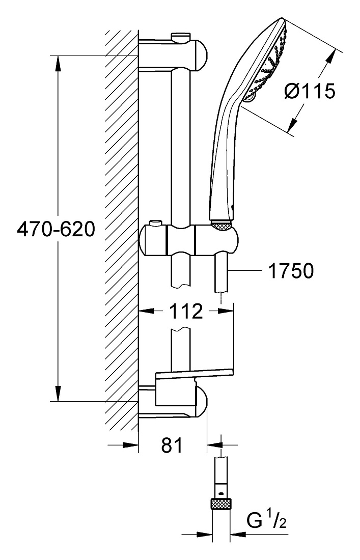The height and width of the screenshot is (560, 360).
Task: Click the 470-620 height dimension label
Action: tap(56, 229)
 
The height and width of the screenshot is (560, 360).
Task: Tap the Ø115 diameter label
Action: tap(310, 91)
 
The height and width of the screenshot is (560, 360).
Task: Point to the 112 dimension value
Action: tap(186, 311)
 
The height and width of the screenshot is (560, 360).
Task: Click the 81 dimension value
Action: tap(172, 445)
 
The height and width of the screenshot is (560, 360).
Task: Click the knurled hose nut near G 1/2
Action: tap(220, 505)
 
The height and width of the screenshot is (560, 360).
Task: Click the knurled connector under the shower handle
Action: tap(222, 225)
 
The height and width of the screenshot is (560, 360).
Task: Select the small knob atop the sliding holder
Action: tap(155, 223)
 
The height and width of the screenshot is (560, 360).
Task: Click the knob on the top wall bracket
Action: tap(181, 37)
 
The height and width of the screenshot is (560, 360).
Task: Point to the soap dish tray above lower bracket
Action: tap(195, 374)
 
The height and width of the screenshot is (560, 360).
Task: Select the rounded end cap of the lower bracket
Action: tap(202, 402)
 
